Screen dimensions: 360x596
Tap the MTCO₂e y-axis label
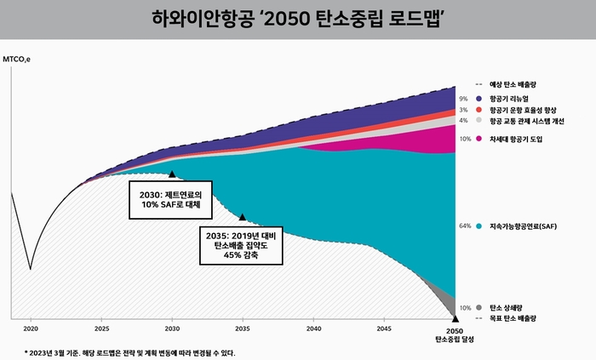pyautogui.click(x=17, y=60)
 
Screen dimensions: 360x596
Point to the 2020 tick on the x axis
pyautogui.click(x=31, y=328)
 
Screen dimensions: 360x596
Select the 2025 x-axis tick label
pyautogui.click(x=101, y=328)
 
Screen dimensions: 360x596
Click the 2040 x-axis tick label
pyautogui.click(x=313, y=328)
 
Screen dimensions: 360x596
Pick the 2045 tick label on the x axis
pyautogui.click(x=384, y=328)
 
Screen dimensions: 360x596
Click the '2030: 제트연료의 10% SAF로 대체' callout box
pyautogui.click(x=170, y=200)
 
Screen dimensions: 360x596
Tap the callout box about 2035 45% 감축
pyautogui.click(x=243, y=244)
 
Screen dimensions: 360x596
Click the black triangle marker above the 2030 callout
pyautogui.click(x=172, y=174)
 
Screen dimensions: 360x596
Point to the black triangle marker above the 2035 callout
pyautogui.click(x=243, y=218)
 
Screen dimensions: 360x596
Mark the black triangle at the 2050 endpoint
pyautogui.click(x=456, y=318)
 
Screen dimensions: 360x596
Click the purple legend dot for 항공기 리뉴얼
pyautogui.click(x=480, y=99)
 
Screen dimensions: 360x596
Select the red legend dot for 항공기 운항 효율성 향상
pyautogui.click(x=480, y=110)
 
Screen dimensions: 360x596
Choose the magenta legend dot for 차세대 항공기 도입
pyautogui.click(x=480, y=138)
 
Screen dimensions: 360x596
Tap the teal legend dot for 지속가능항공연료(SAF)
pyautogui.click(x=480, y=226)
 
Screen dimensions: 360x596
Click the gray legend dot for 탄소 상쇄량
pyautogui.click(x=480, y=307)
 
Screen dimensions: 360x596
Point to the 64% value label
pyautogui.click(x=465, y=226)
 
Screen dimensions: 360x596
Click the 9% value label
pyautogui.click(x=465, y=99)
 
